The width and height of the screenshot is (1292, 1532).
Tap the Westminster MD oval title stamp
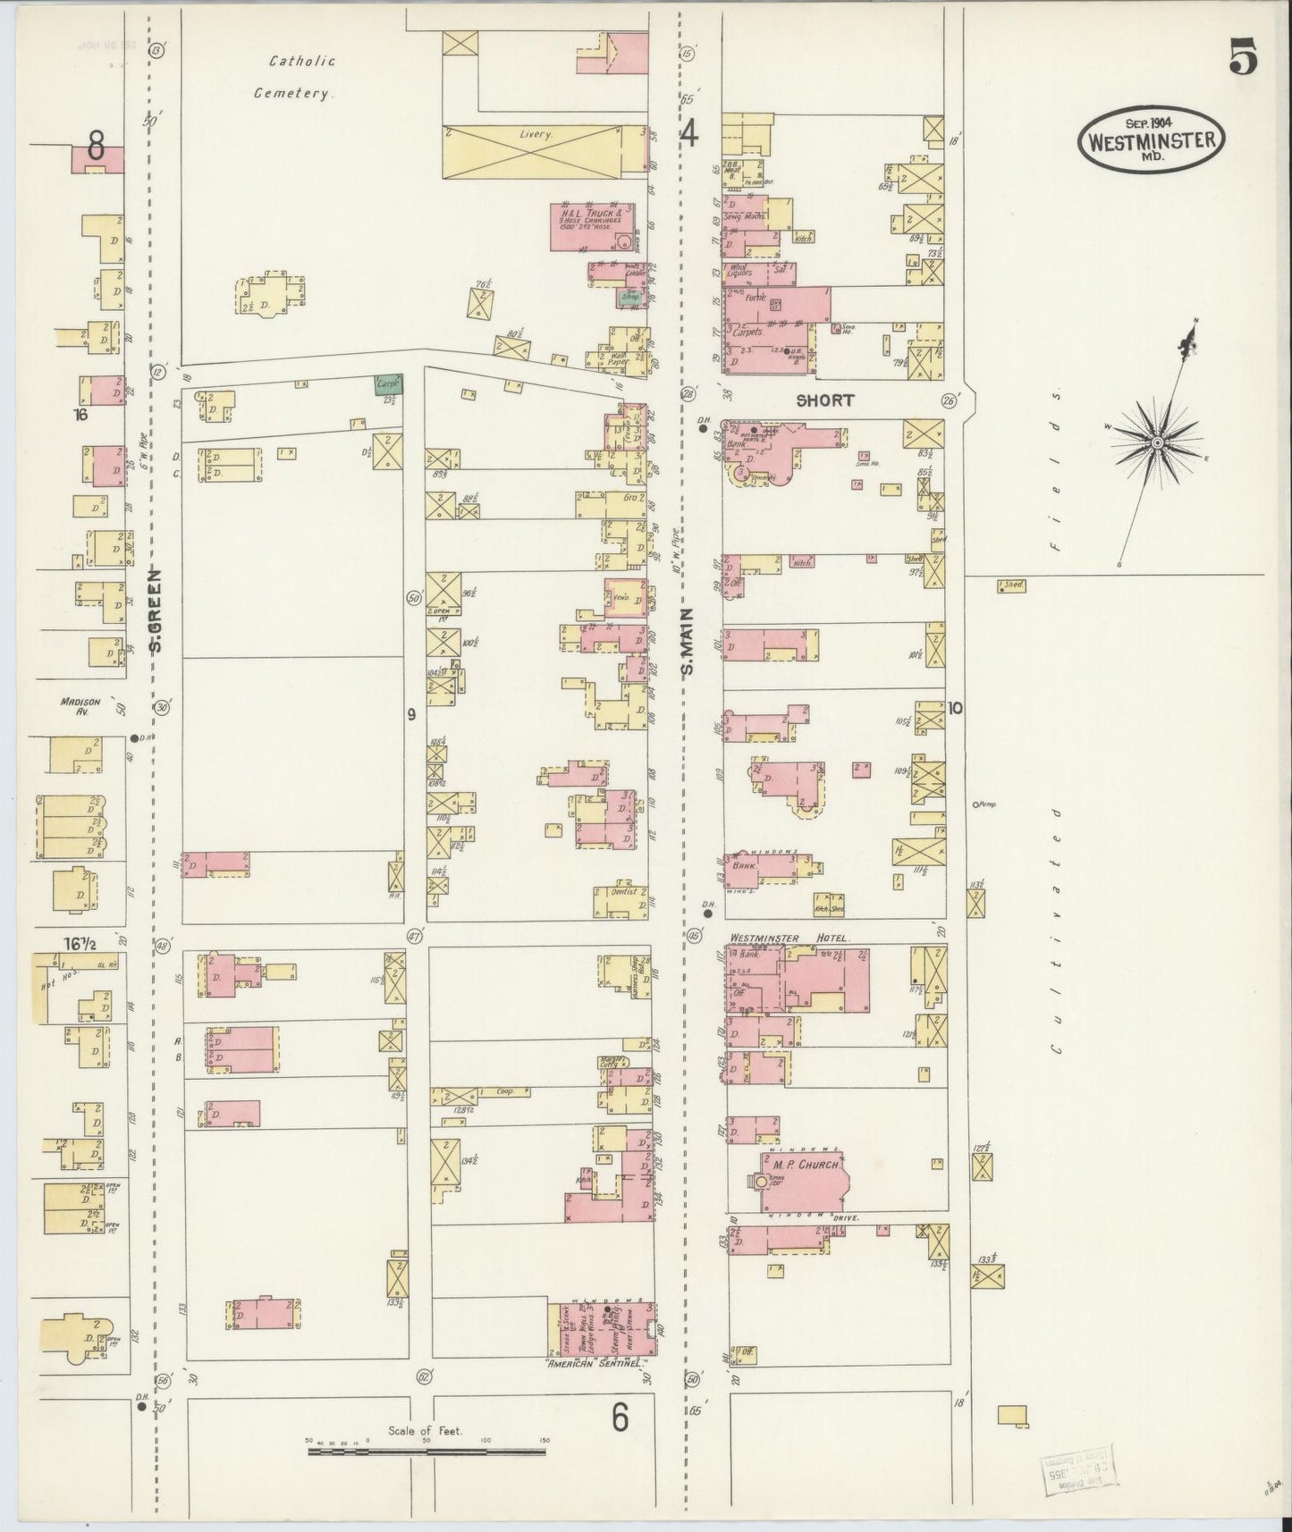tap(1151, 140)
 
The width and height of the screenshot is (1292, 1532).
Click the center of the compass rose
tap(1157, 442)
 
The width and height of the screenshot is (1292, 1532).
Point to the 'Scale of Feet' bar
tap(426, 1452)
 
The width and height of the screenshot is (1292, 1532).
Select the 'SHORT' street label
tap(824, 401)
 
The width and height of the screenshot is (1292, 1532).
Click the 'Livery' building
tap(536, 135)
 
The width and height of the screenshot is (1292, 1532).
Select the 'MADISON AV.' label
tap(78, 706)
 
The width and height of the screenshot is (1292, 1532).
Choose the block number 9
tap(411, 713)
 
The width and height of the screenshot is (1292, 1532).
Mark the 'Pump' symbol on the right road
tap(976, 804)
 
